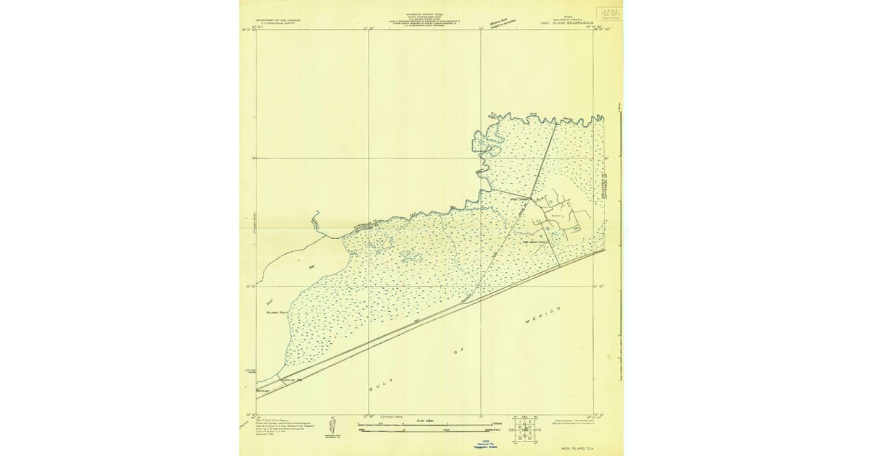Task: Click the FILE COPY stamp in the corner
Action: coord(608,12)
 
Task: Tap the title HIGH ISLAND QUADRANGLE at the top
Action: coord(567,23)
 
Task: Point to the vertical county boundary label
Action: coord(598,191)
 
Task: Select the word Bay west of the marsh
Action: coord(312,268)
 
